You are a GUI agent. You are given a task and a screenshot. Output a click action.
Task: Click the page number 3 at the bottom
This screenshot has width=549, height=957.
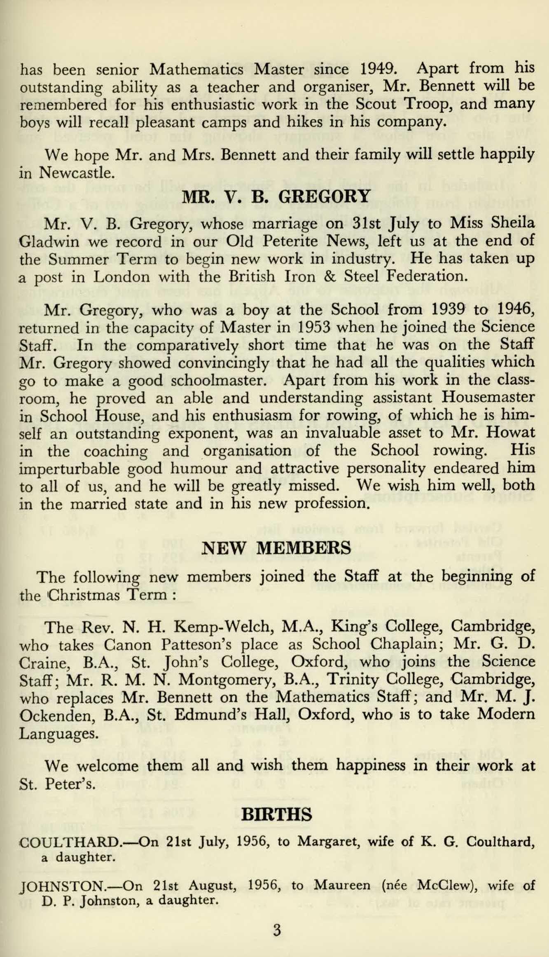pos(277,927)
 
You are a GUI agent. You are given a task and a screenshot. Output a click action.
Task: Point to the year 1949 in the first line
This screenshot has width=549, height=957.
pos(379,68)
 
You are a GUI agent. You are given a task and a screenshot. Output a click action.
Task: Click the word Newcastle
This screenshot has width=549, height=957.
pos(76,173)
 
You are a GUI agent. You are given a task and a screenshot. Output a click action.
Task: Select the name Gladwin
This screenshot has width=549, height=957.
pos(49,241)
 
